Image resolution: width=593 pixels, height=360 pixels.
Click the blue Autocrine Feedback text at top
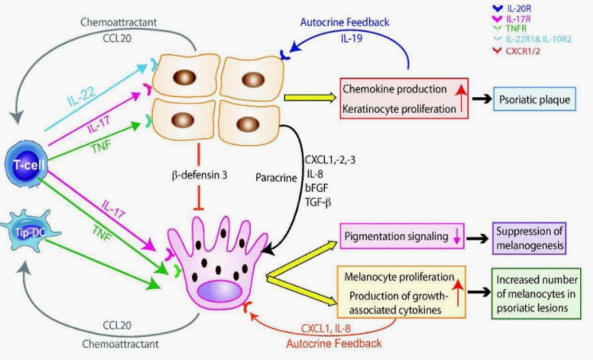[344, 22]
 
